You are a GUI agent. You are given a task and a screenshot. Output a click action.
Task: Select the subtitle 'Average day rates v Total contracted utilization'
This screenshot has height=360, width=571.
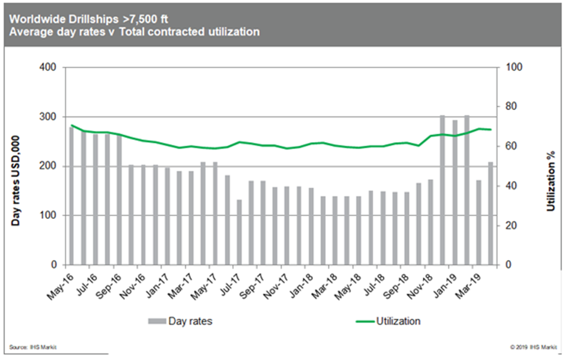click(135, 32)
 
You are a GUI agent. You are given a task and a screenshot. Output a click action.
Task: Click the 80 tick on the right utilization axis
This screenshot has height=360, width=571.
click(511, 107)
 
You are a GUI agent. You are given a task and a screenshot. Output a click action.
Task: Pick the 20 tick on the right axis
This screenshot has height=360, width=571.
click(511, 226)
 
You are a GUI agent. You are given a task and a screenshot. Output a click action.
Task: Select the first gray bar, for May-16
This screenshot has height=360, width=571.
click(71, 196)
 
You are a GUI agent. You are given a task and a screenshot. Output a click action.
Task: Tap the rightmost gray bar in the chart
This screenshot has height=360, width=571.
click(490, 213)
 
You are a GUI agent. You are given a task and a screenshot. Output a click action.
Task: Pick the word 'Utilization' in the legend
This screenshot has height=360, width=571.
click(398, 321)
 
